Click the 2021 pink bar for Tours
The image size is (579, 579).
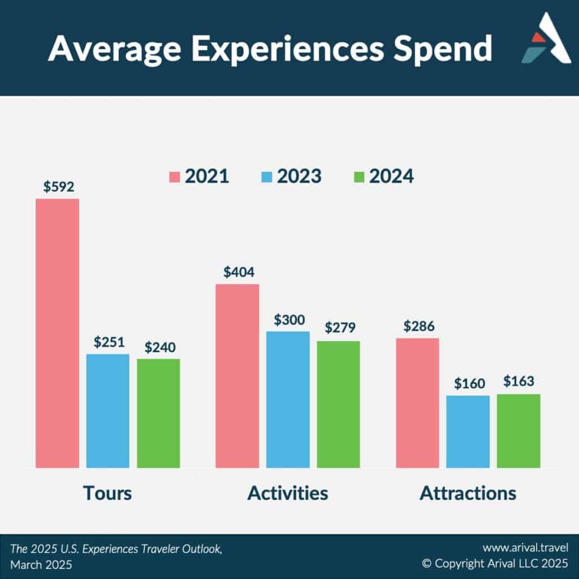(57, 334)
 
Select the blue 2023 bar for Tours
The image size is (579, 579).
(108, 411)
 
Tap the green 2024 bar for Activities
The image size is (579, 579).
(338, 404)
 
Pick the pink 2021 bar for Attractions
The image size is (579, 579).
(418, 403)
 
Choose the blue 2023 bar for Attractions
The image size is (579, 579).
(468, 431)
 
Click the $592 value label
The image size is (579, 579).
(59, 187)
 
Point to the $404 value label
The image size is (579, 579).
(239, 272)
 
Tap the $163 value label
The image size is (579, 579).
(519, 381)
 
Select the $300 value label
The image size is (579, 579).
(289, 320)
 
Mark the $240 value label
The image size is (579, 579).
(160, 347)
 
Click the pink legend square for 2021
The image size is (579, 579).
(174, 177)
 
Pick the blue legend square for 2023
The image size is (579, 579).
(267, 177)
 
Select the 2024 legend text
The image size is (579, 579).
(391, 176)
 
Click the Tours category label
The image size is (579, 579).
(107, 493)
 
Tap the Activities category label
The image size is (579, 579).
(288, 493)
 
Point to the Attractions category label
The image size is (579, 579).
(468, 493)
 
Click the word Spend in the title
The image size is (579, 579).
(442, 49)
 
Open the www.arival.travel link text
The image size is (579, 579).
(525, 547)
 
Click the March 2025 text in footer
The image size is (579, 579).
(41, 565)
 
